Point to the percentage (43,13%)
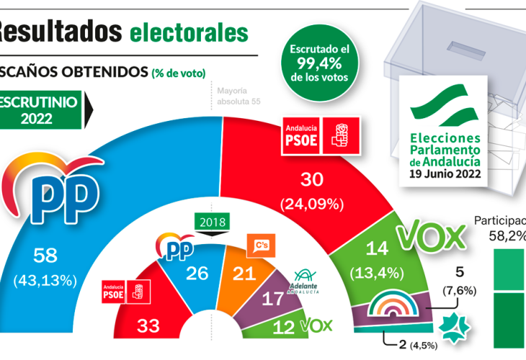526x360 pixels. (x=54, y=280)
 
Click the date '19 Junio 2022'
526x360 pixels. (x=445, y=174)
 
